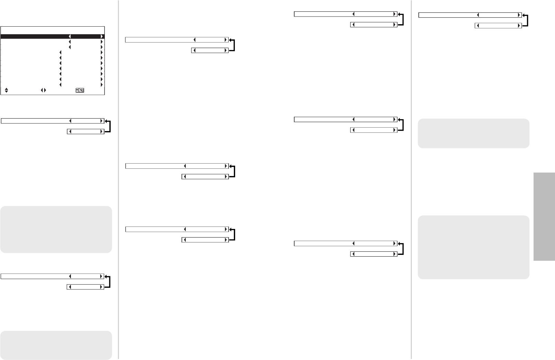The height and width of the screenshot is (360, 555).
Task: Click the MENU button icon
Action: click(x=80, y=90)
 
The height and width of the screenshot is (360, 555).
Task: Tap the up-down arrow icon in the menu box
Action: click(x=7, y=90)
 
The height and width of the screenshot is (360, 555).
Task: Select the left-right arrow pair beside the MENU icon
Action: click(x=43, y=90)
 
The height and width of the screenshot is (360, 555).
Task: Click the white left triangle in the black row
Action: click(x=70, y=36)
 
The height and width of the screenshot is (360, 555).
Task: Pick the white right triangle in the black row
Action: click(x=102, y=36)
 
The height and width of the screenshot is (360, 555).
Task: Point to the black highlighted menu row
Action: click(x=35, y=36)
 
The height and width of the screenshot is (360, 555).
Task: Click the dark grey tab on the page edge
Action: click(x=544, y=217)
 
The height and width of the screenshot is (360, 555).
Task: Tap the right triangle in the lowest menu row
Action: click(x=102, y=85)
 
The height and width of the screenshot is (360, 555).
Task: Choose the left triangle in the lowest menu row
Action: click(x=61, y=85)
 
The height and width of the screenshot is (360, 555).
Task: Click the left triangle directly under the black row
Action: click(x=70, y=42)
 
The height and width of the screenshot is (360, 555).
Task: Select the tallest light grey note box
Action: click(x=473, y=247)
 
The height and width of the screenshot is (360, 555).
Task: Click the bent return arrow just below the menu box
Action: click(x=108, y=126)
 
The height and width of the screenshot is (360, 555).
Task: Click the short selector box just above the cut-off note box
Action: click(x=85, y=287)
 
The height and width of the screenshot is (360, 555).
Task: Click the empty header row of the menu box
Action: click(x=52, y=30)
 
